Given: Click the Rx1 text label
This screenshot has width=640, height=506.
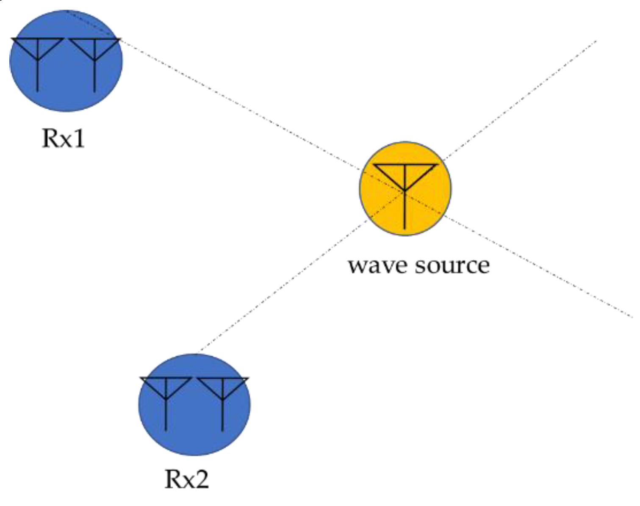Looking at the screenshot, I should coord(64,138).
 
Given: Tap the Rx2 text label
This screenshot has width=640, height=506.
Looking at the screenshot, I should coord(187,480).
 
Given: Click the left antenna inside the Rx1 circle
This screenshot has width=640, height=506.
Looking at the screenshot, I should coord(38,55).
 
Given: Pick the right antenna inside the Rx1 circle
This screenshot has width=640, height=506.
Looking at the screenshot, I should coord(94,55).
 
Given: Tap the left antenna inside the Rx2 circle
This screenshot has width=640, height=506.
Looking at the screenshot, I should coord(166,394).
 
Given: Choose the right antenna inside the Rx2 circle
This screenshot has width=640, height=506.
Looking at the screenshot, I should coord(223,394).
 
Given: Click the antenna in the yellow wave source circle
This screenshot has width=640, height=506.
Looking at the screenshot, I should coord(405,186).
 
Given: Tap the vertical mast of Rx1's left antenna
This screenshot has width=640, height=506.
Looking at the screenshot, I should coord(38,76).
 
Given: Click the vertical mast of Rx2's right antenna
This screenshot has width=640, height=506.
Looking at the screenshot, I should coord(223,417).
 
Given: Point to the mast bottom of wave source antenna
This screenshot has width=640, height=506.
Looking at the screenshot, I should coord(405,227).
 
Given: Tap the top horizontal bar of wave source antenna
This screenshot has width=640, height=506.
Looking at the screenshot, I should coord(405,165).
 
